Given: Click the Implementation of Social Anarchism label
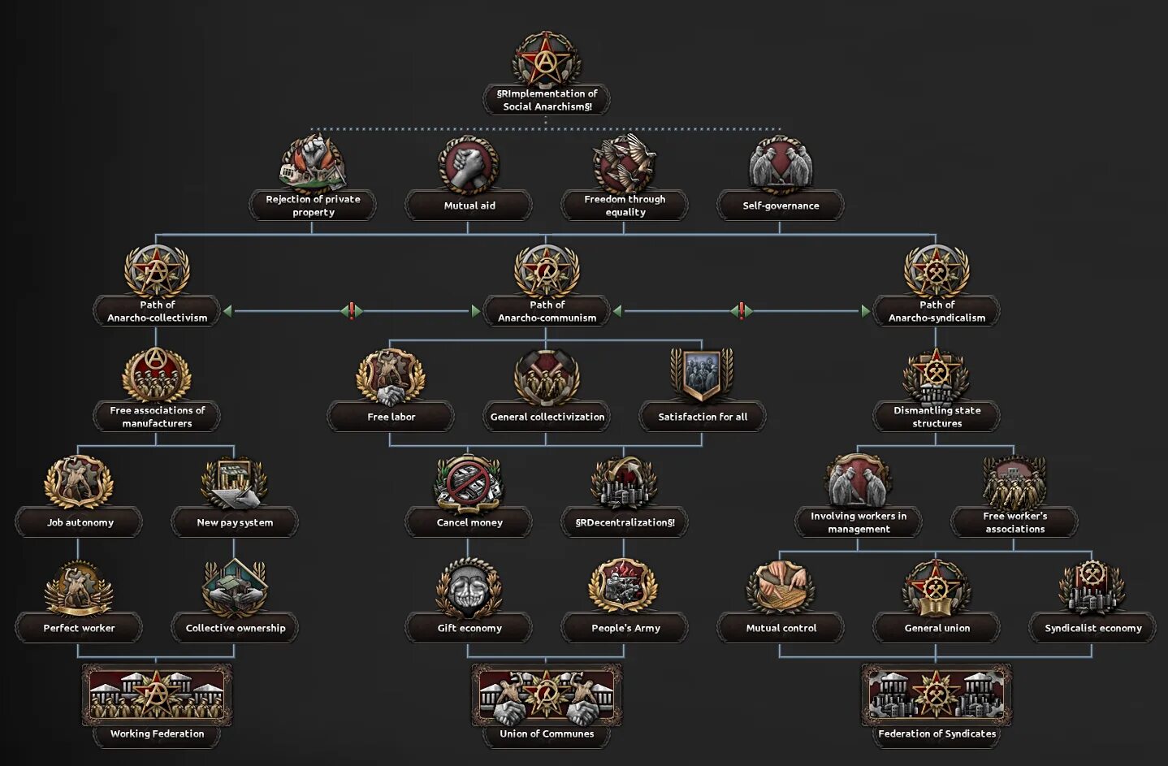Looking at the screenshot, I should point(547,100).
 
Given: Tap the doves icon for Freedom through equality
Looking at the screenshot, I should point(625,163).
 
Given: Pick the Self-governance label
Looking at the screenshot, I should point(781,206).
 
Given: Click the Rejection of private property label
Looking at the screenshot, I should point(313,206).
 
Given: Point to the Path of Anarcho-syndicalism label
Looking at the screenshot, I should point(937,311).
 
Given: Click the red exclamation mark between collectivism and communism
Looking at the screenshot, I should point(351,310).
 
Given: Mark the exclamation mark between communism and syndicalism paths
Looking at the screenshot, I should point(741,310).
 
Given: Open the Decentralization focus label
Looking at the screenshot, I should point(625,522).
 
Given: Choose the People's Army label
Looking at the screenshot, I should point(625,628).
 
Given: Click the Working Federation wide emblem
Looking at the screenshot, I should point(157,695).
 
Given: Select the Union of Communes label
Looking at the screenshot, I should point(547,734).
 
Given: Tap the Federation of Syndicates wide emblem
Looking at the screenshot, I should point(937,695).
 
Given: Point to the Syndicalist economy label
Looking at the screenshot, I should point(1092,628).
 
